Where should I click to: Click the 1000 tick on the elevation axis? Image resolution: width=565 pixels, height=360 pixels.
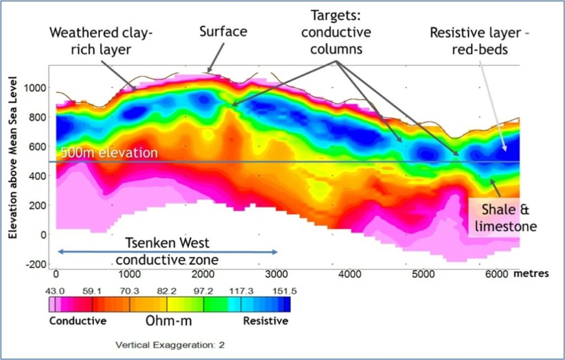click(35, 88)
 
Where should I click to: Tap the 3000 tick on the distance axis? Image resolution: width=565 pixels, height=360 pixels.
click(277, 274)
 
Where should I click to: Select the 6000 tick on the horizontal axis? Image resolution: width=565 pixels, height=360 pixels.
click(497, 274)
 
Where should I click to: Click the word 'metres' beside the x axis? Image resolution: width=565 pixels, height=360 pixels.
click(531, 273)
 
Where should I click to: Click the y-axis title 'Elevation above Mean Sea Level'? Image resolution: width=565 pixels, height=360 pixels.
click(13, 157)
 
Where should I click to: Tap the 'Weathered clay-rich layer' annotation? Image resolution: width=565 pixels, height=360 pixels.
click(101, 40)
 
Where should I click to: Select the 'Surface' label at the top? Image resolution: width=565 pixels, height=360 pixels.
click(223, 31)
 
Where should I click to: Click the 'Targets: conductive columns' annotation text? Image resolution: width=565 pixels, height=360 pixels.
click(336, 32)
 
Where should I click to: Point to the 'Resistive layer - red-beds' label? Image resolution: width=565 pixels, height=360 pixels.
click(479, 40)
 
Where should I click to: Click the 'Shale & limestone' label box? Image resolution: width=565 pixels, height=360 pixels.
click(505, 218)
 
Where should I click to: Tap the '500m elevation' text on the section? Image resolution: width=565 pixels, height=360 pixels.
click(109, 152)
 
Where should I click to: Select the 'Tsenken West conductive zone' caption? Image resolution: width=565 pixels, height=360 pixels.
click(167, 251)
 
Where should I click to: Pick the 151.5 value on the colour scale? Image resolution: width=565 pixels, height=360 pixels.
click(284, 291)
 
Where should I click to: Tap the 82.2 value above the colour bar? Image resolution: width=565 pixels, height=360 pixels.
click(166, 291)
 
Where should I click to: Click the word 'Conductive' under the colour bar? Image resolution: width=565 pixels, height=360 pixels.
click(78, 321)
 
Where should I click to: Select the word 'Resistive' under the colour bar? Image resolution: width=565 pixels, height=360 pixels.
click(265, 321)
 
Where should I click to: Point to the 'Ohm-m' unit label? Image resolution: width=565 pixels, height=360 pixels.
click(169, 320)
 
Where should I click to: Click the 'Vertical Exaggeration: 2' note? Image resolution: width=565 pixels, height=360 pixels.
click(170, 345)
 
